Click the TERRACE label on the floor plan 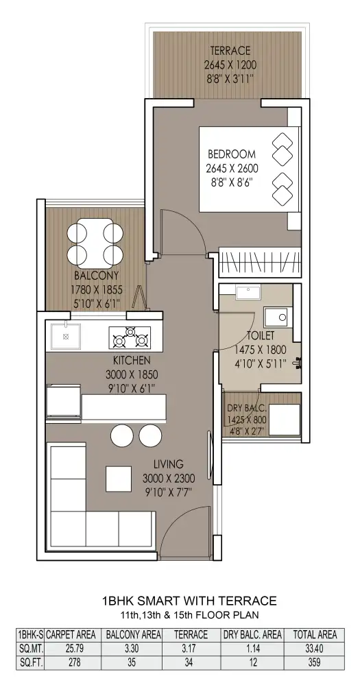[x=230, y=50]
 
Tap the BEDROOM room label [x=232, y=154]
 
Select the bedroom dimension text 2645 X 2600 [x=232, y=168]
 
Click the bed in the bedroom [x=249, y=169]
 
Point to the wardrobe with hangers [x=260, y=263]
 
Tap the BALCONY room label [x=97, y=276]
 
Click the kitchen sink [x=66, y=336]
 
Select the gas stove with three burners [x=130, y=337]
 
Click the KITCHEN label [x=132, y=361]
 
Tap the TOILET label [x=261, y=336]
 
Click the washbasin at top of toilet [x=248, y=292]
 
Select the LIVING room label [x=168, y=464]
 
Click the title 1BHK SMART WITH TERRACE [x=189, y=601]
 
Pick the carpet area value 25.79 [x=74, y=649]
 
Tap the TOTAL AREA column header [x=315, y=634]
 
